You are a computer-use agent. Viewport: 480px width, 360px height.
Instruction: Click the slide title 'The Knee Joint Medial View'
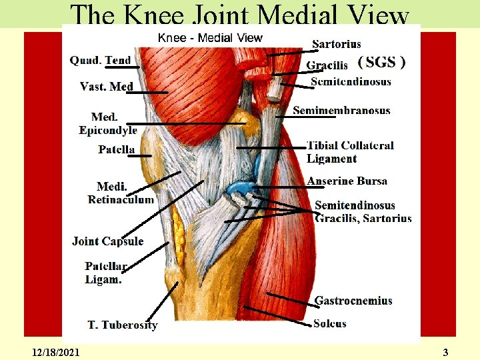(240, 15)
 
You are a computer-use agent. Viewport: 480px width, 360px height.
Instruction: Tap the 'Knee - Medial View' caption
(210, 38)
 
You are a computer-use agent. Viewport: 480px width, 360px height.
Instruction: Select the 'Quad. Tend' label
(100, 60)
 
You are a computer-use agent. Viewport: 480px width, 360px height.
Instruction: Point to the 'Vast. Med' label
(107, 86)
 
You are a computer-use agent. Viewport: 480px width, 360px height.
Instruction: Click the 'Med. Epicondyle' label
(107, 124)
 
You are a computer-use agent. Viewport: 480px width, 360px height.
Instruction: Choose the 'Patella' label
(117, 149)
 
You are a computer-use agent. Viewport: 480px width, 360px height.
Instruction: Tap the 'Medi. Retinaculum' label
(121, 193)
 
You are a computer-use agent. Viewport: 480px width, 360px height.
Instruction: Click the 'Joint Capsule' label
(107, 241)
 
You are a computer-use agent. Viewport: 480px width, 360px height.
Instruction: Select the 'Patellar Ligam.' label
(105, 273)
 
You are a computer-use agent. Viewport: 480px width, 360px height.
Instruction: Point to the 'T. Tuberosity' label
(123, 325)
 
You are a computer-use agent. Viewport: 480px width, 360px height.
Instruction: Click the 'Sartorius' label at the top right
(337, 44)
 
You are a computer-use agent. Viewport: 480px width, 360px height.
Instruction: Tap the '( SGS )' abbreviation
(381, 63)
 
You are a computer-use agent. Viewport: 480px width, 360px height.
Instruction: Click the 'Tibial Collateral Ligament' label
(350, 152)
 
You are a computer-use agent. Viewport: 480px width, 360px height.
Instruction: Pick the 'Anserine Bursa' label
(347, 181)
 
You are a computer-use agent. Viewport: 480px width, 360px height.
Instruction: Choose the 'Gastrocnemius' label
(353, 301)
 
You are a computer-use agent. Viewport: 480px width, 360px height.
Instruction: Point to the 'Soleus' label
(330, 323)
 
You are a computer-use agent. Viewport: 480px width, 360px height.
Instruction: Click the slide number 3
(445, 351)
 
